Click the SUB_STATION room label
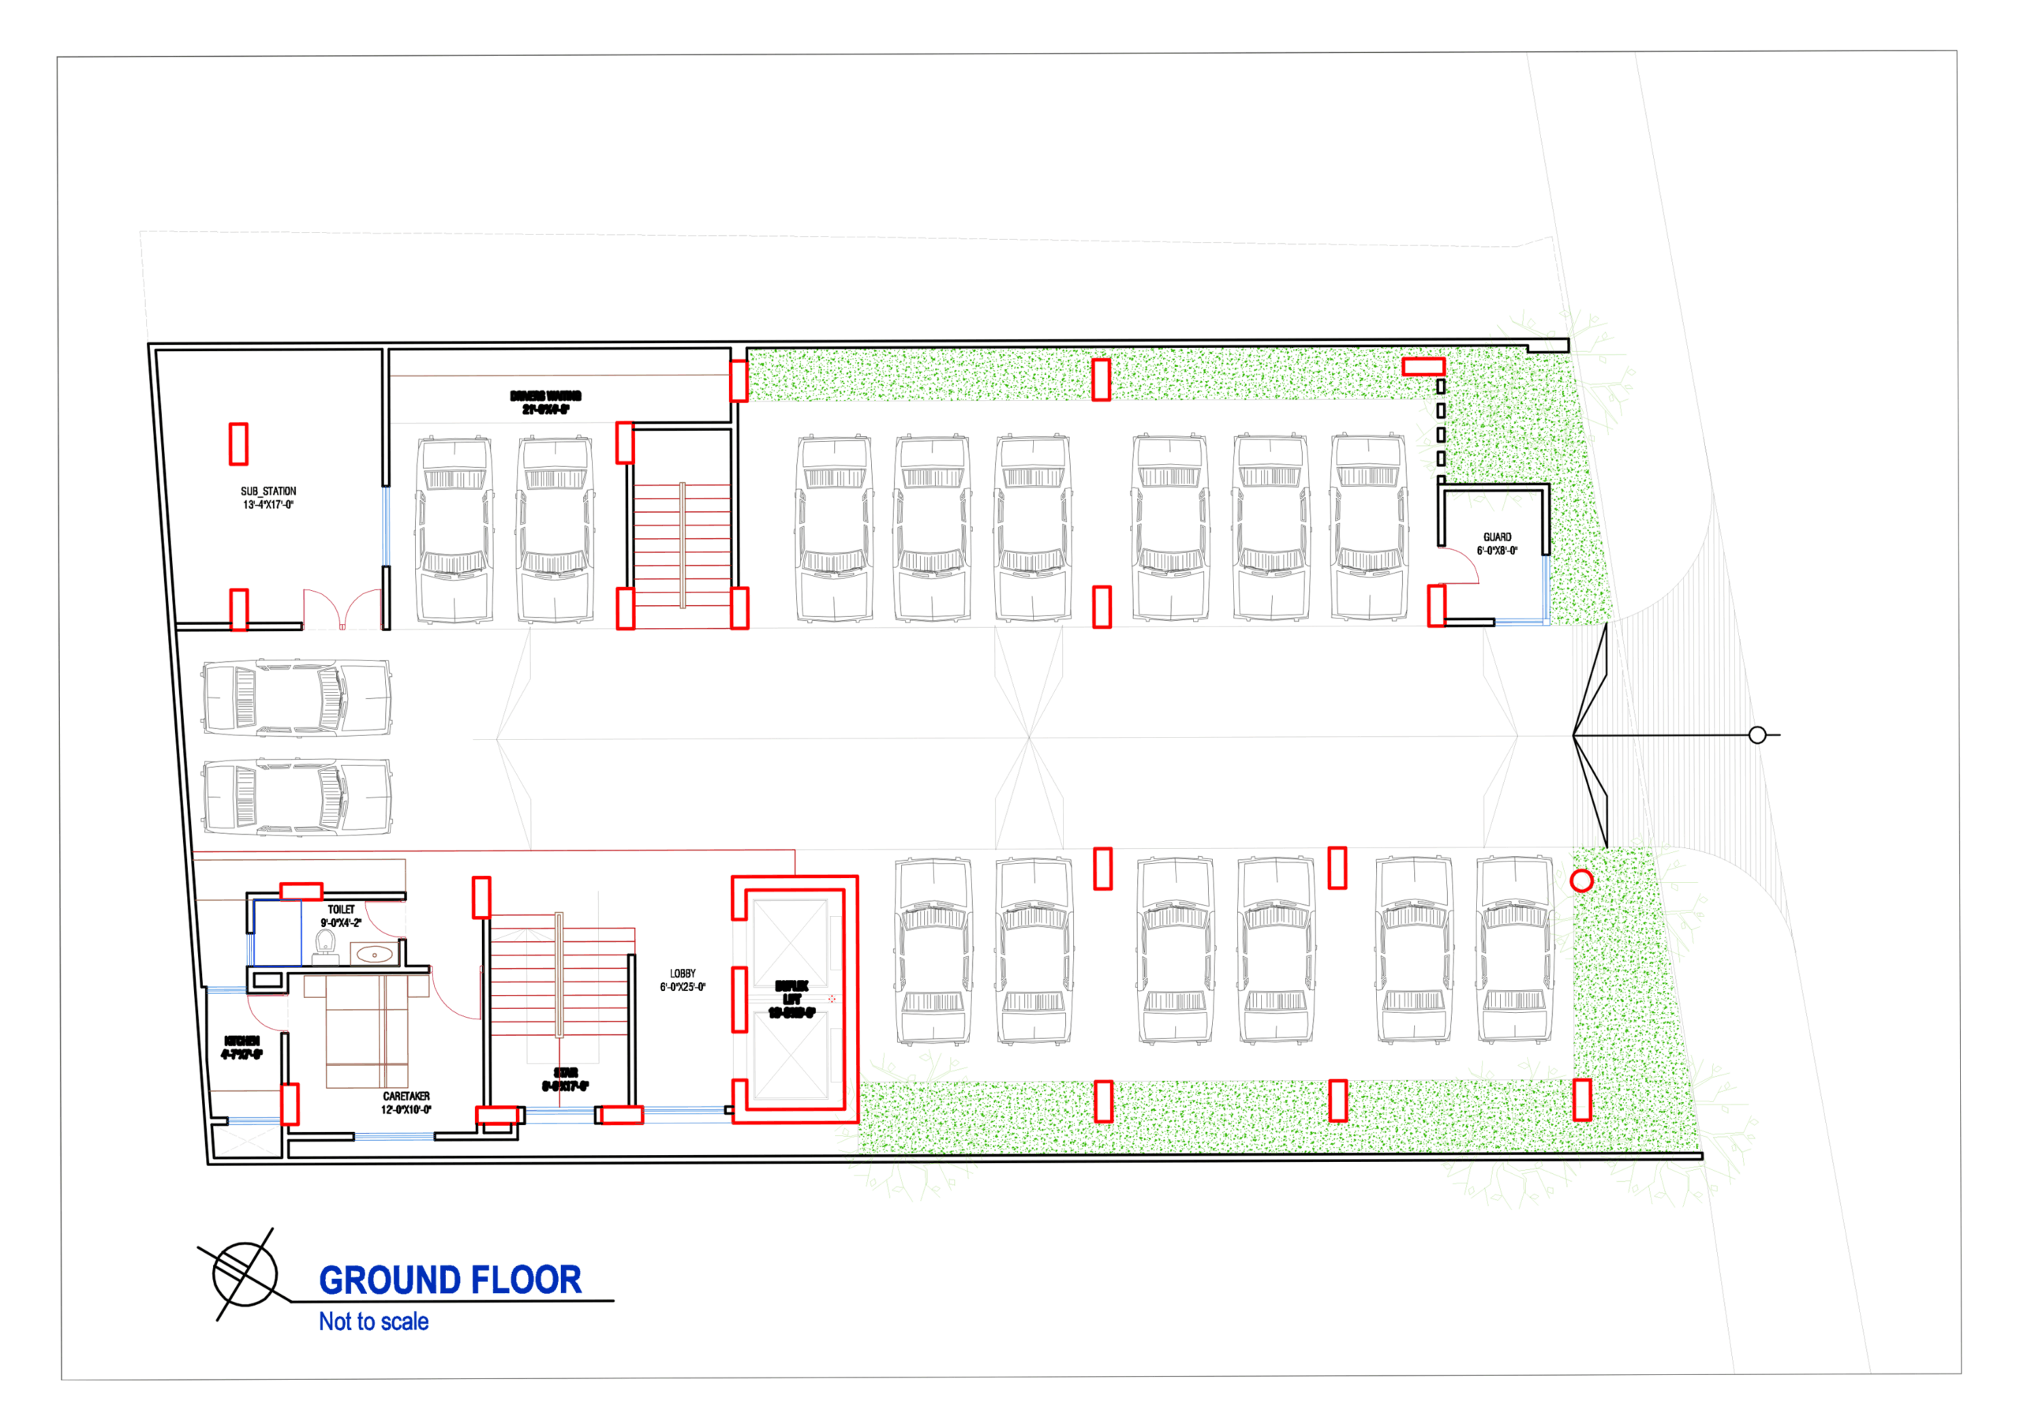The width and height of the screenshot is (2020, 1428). [x=268, y=498]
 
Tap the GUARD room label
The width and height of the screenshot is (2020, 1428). [x=1497, y=544]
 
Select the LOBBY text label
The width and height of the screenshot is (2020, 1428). [x=683, y=980]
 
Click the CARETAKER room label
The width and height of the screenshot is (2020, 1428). [x=406, y=1102]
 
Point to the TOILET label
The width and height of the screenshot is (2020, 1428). [x=342, y=916]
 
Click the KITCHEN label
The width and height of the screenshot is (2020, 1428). [x=241, y=1047]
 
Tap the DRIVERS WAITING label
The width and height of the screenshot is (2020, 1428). [x=545, y=402]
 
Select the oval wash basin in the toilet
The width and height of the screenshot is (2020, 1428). [x=374, y=954]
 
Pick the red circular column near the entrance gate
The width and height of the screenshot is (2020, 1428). [x=1581, y=880]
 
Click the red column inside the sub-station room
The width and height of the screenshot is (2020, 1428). [x=238, y=443]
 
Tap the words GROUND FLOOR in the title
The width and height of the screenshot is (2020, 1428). [x=450, y=1280]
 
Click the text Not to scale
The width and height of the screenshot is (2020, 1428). [x=373, y=1321]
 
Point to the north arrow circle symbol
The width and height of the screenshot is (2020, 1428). [x=245, y=1273]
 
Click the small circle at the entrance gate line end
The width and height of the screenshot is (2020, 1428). [x=1757, y=735]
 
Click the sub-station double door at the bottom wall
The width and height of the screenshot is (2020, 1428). [x=342, y=609]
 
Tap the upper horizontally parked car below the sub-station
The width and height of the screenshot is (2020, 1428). [x=297, y=697]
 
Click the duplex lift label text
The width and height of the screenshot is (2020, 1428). [x=791, y=1000]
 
